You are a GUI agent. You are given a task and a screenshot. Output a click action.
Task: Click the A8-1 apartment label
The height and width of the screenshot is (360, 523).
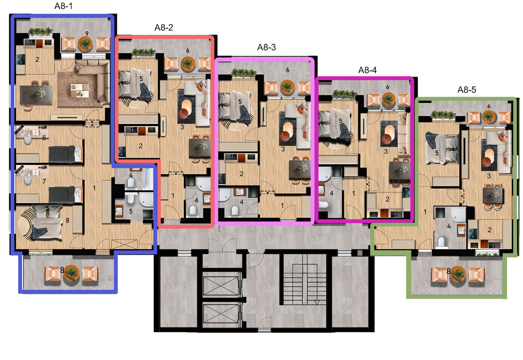[63, 6]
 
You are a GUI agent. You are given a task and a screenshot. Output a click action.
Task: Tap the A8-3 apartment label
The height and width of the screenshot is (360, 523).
[267, 48]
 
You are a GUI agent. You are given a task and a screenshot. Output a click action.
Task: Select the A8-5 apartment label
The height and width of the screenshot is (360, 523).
[466, 90]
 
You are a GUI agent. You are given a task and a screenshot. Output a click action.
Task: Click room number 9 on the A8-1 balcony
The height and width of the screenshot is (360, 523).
[87, 34]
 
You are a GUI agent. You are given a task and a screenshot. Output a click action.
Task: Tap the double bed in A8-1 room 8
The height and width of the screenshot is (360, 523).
[47, 223]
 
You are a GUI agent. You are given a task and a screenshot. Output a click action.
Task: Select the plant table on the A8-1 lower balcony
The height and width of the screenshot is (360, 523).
[71, 273]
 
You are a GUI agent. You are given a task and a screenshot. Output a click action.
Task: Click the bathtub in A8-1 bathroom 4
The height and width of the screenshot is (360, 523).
[148, 179]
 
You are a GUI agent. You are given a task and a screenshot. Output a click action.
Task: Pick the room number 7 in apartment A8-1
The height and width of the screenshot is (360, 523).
[44, 181]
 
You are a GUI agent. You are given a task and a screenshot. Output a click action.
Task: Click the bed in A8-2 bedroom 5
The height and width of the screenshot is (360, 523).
[135, 86]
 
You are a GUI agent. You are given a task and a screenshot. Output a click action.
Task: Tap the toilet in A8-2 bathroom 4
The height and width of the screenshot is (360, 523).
[193, 210]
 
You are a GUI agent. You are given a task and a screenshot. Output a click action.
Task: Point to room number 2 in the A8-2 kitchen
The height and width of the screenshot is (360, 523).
[140, 146]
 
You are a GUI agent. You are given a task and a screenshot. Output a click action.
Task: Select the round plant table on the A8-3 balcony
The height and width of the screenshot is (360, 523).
[287, 87]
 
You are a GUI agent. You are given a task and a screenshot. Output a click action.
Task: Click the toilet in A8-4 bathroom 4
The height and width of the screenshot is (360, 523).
[324, 205]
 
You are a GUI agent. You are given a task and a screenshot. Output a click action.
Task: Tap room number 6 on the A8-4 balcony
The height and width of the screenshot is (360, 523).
[388, 87]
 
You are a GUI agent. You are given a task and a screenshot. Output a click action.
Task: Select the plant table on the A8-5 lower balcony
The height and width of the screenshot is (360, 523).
[458, 274]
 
